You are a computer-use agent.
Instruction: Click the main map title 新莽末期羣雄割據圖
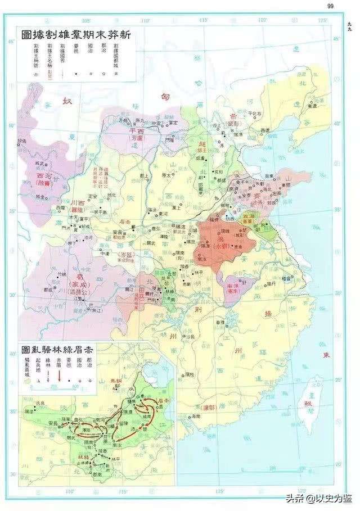point(76,35)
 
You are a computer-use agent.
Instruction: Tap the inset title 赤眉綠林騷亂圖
point(57,349)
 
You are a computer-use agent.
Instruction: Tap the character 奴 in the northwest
point(68,102)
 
